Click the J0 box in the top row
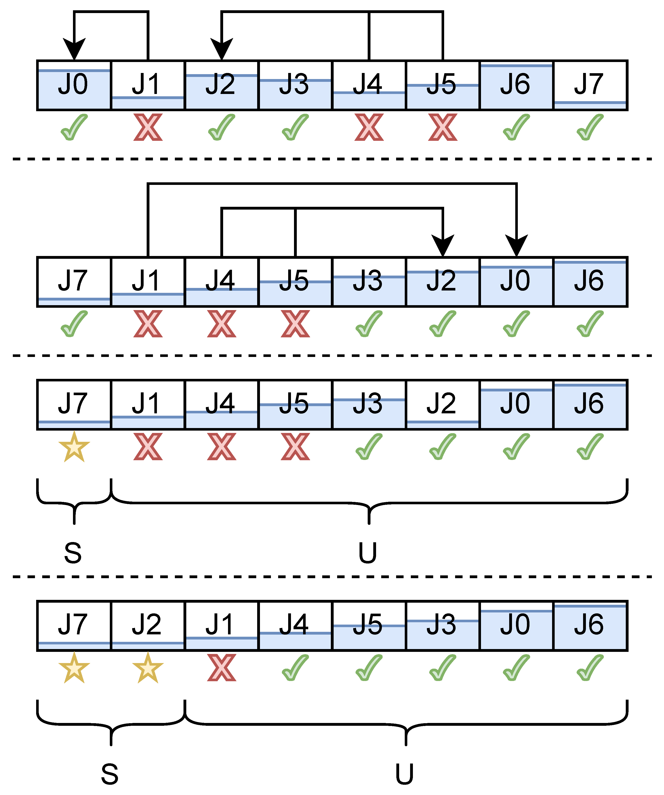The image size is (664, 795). pyautogui.click(x=74, y=85)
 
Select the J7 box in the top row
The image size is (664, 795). pyautogui.click(x=590, y=85)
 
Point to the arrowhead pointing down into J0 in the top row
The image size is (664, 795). pyautogui.click(x=74, y=49)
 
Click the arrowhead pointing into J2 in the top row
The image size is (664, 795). pyautogui.click(x=221, y=49)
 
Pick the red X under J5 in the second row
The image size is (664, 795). pyautogui.click(x=295, y=324)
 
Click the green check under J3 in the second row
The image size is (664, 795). pyautogui.click(x=369, y=324)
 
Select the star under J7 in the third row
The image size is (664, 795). pyautogui.click(x=74, y=447)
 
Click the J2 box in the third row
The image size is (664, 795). pyautogui.click(x=443, y=404)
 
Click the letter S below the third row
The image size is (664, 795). pyautogui.click(x=73, y=553)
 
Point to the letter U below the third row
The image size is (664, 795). pyautogui.click(x=368, y=553)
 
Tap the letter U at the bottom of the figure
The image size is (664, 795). pyautogui.click(x=404, y=774)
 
